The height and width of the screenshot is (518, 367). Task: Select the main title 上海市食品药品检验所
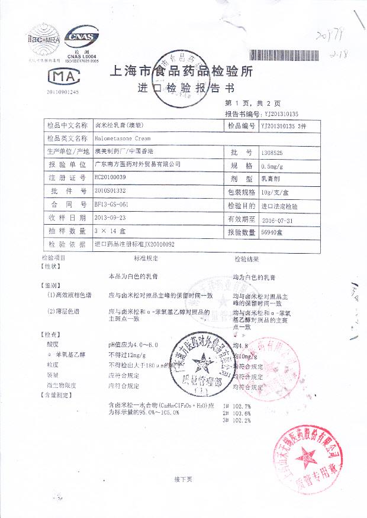[x=182, y=72]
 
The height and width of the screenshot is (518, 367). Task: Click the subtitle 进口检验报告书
[x=186, y=89]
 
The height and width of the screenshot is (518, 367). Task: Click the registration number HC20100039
[x=110, y=177]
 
